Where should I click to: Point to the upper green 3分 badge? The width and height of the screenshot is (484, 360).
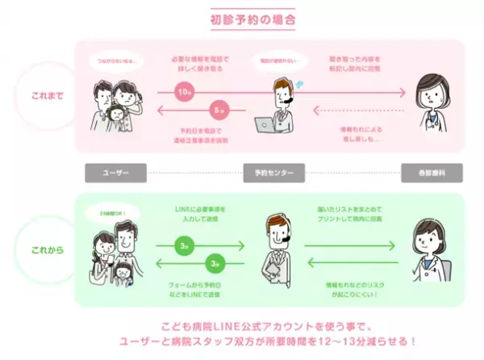tap(186, 245)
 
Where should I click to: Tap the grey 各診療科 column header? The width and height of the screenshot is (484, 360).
tap(430, 173)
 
